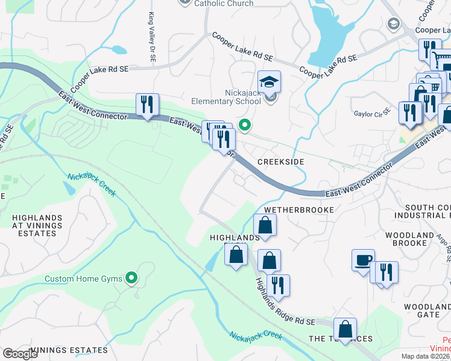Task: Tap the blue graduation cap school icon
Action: (270, 81)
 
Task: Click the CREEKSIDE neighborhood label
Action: (280, 162)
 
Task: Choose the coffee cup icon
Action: (363, 260)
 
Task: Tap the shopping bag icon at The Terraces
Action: (345, 329)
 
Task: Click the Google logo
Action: (20, 354)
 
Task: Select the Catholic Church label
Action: (224, 4)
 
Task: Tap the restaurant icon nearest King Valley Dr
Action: (147, 104)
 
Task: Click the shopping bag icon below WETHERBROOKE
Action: (265, 226)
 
